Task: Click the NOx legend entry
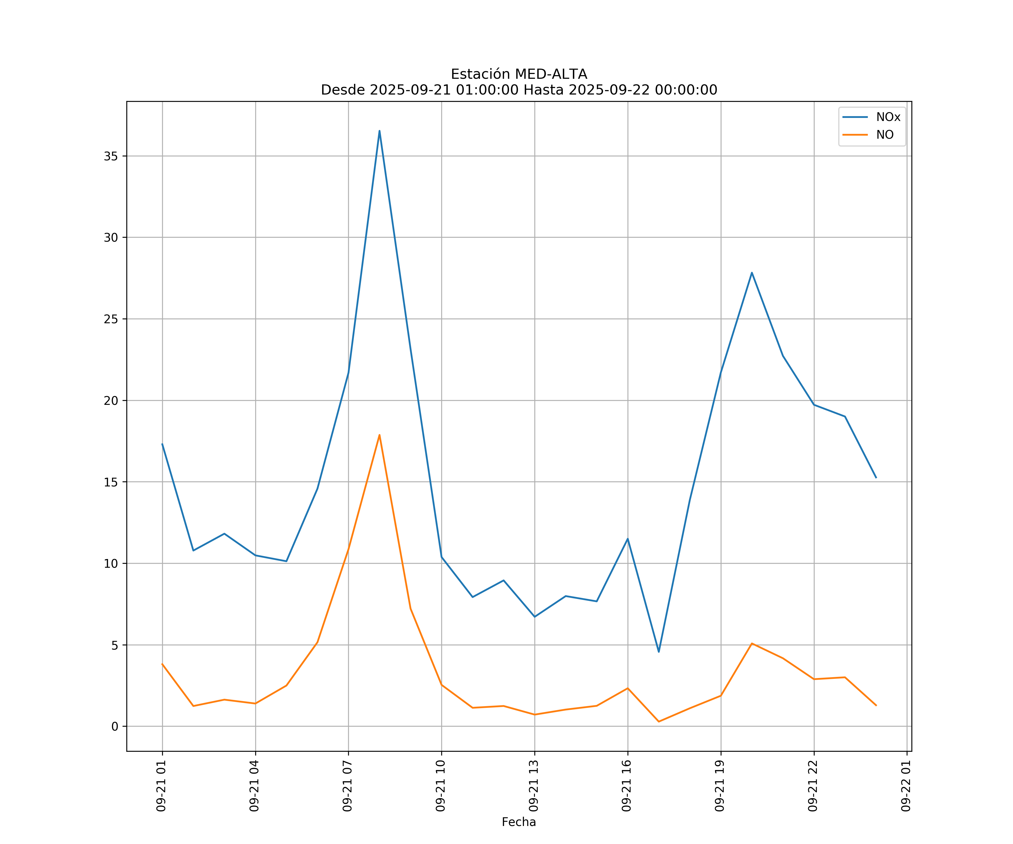(888, 117)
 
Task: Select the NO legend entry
(885, 135)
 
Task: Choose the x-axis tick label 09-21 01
(161, 786)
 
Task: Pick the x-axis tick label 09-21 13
(534, 786)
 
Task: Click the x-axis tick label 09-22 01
(906, 786)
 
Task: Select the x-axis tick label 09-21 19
(720, 786)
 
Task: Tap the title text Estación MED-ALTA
(519, 74)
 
